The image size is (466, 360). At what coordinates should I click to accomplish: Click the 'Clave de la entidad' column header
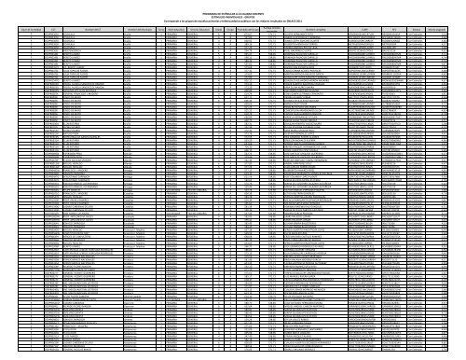tap(18, 28)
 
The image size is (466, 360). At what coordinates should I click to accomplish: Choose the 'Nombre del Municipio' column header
tap(137, 28)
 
